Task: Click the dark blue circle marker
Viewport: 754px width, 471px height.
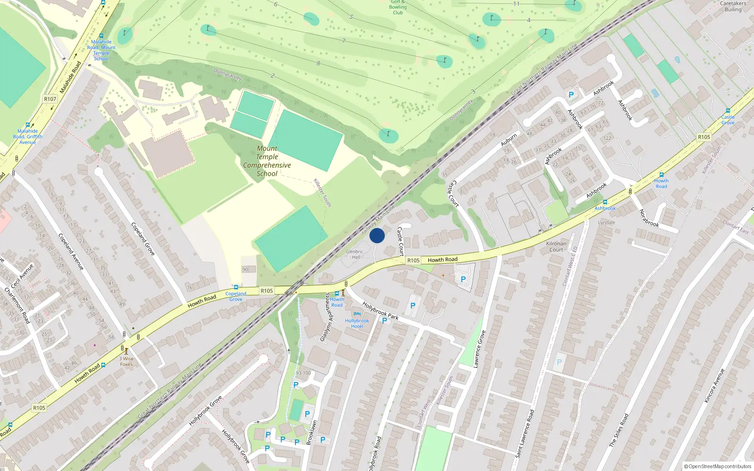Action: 377,235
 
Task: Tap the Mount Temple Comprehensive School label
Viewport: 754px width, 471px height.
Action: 267,161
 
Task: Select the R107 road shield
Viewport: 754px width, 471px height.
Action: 50,99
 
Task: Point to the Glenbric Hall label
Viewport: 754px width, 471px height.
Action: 354,254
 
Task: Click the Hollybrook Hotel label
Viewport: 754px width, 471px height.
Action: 357,324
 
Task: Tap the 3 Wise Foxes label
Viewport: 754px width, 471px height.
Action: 126,361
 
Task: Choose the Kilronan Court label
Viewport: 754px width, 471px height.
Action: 556,247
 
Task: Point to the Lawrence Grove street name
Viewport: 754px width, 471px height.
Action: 479,349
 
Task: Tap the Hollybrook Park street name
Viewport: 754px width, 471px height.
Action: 380,311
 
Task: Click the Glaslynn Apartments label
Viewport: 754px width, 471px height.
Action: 326,317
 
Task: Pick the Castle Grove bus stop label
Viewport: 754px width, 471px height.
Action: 728,120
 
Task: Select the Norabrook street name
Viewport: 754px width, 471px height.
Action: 649,218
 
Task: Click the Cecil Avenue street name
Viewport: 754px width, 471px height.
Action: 22,276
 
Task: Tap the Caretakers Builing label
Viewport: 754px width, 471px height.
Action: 733,6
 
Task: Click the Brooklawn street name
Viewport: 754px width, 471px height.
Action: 311,432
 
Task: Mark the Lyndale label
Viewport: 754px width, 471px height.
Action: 606,222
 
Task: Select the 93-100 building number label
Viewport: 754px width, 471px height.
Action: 303,373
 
